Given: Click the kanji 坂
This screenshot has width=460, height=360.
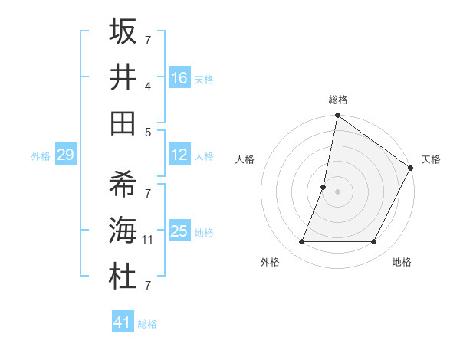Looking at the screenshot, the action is coord(123,32).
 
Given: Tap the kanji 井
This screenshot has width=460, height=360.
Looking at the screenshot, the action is coord(123,77).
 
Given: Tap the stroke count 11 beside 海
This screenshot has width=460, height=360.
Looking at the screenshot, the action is coord(148,240).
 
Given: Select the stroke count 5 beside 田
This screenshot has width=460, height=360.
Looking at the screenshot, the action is coord(148,132).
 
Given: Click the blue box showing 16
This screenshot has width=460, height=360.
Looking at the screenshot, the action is coord(179,77).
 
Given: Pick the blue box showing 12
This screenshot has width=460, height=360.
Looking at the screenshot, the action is coord(179,155).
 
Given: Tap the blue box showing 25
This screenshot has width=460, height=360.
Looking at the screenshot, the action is coord(179,231).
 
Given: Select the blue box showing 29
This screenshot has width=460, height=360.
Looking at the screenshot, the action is coord(65,155).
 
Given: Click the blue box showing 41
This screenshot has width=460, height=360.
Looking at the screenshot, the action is coord(123,322).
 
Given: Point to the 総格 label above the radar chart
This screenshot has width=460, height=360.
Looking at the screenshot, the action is coord(338,100).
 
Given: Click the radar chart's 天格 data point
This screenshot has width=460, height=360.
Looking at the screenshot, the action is coord(411,169).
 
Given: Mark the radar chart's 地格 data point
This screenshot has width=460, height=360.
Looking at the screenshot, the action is coord(374,242).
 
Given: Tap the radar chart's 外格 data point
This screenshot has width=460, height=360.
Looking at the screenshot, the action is coord(301,242).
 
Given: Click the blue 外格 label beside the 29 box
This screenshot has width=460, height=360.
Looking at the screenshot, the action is coord(41,156).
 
